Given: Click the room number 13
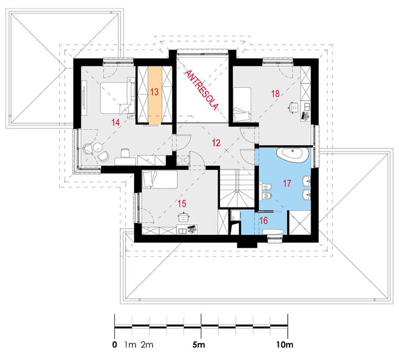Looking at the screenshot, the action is point(154,92).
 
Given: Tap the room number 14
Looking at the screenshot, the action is point(115,122).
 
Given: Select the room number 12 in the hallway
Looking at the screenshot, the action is point(216,143).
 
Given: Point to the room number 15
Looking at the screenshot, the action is point(182,204).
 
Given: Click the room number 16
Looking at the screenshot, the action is point(264,220).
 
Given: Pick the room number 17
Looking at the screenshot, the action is point(287,183).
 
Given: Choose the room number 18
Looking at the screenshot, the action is point(275,94).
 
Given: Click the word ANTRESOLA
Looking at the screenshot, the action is point(201,90).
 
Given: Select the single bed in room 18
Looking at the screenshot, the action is point(242,104).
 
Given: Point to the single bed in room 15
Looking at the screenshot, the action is point(160,179).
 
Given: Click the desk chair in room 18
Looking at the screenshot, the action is point(294,107).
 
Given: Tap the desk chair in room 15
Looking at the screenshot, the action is point(183,217).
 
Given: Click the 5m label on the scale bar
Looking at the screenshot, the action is point(199,345).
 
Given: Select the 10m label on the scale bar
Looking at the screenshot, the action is point(285,345).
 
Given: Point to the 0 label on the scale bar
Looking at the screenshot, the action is point(115,345).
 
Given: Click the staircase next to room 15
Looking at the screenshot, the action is point(237,188).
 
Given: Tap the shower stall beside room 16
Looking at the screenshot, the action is point(299,223).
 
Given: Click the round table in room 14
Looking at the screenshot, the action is point(97,147).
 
